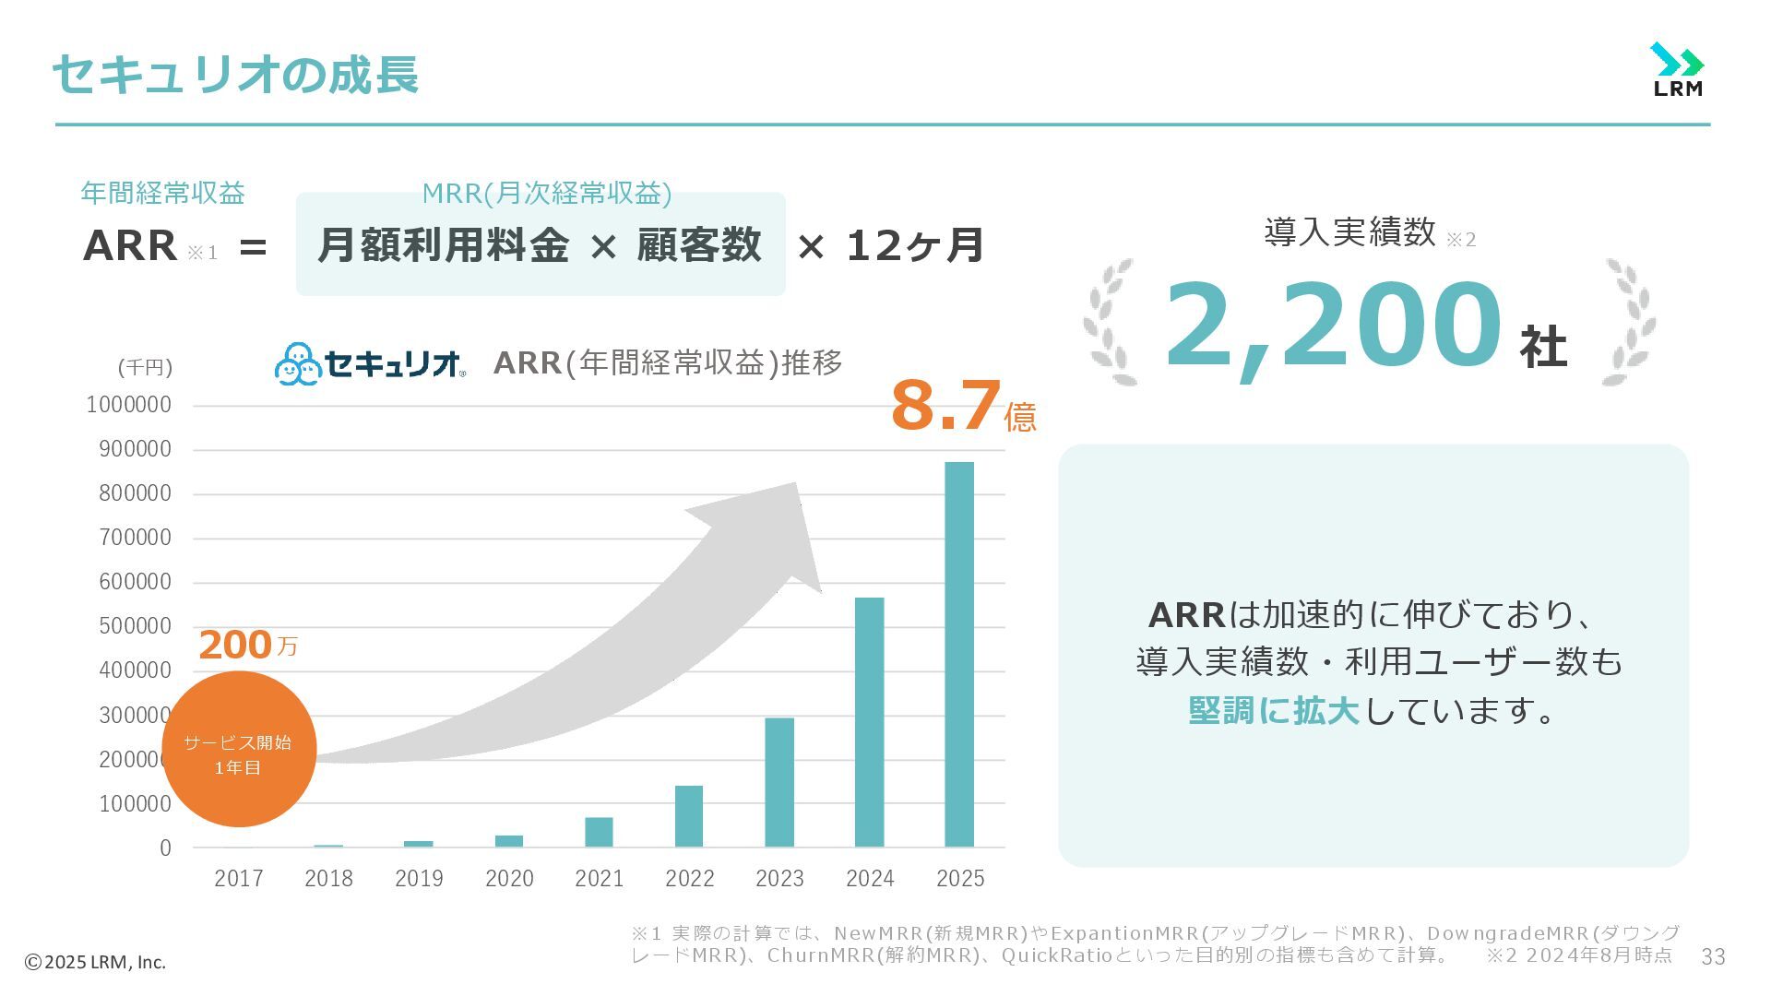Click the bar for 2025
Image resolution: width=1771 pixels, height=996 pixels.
tap(959, 654)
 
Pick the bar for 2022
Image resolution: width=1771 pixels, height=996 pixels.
tap(689, 816)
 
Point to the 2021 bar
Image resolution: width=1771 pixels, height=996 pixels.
tap(599, 832)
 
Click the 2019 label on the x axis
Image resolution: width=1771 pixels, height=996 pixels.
tap(419, 879)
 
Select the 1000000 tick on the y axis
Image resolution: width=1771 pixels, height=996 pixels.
tap(129, 405)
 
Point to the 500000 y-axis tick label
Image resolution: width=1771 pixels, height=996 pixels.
tap(135, 626)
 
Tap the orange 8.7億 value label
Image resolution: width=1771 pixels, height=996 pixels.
tap(963, 407)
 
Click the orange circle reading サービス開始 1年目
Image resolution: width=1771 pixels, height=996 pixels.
tap(239, 749)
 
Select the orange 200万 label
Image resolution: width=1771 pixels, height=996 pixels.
tap(247, 645)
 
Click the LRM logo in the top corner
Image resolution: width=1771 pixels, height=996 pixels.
tap(1677, 70)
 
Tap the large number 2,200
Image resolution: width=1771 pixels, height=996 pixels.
tap(1332, 325)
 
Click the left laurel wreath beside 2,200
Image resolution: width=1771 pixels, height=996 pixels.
tap(1110, 322)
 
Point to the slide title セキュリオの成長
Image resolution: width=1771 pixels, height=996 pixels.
tap(236, 74)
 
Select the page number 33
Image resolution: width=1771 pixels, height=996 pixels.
tap(1713, 957)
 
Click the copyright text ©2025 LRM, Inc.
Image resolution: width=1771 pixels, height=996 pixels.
tap(95, 962)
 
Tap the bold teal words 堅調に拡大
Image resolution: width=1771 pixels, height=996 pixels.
tap(1273, 710)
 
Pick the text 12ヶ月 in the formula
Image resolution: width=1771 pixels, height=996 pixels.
tap(914, 245)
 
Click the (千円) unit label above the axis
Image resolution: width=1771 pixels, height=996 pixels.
tap(145, 367)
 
